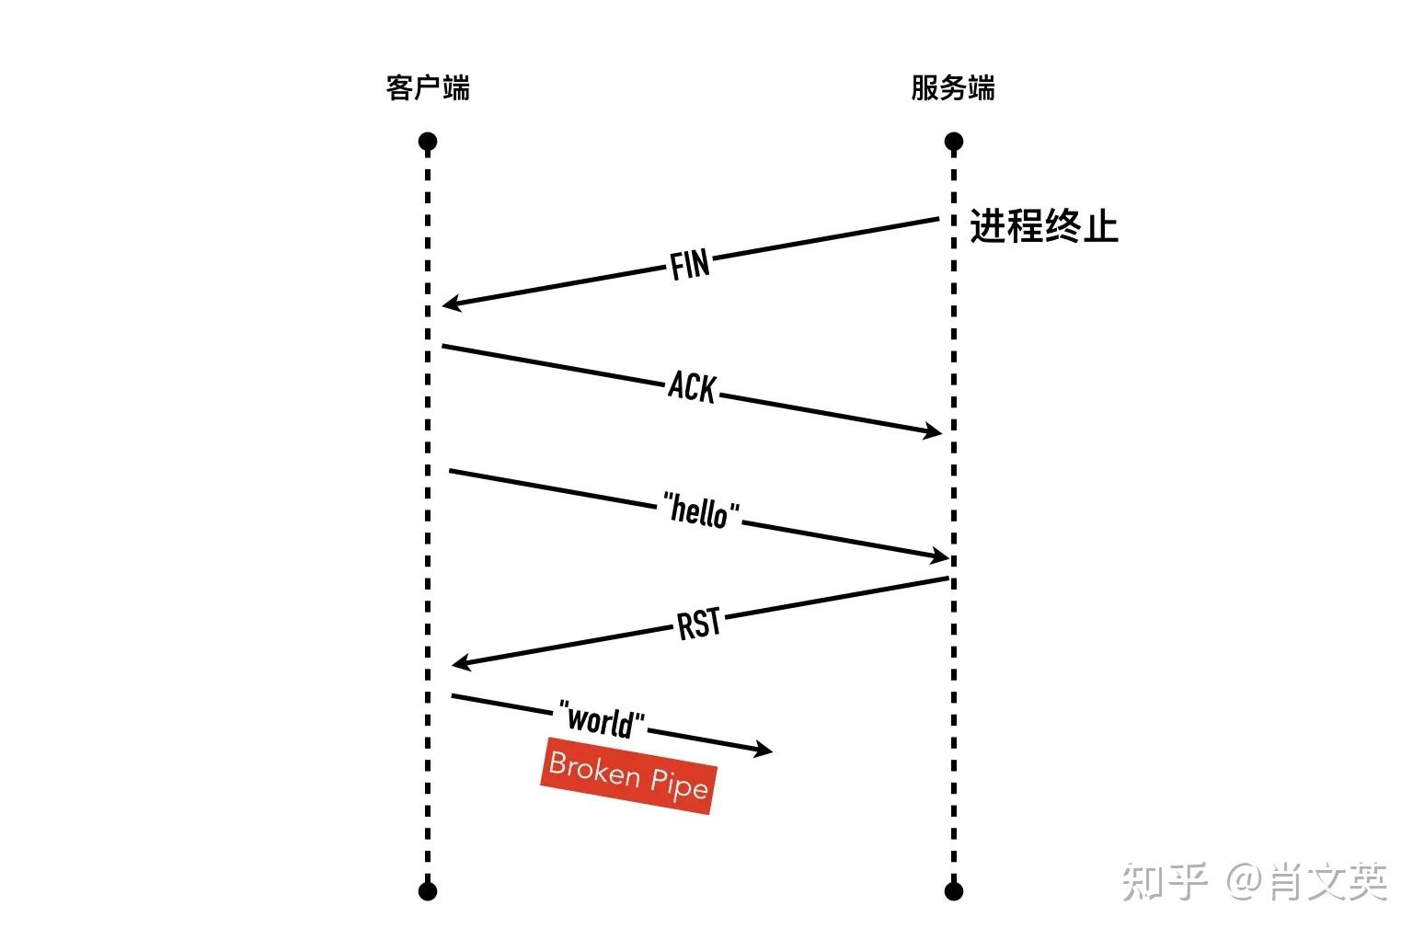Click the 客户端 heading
point(428,88)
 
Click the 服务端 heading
point(953,88)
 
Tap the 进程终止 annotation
point(1044,226)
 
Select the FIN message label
point(690,265)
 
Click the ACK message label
point(692,387)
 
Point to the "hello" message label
point(701,510)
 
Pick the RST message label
point(699,625)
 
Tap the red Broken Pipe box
point(628,775)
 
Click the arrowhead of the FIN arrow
point(450,304)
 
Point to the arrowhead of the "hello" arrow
point(939,556)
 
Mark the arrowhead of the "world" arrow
point(764,751)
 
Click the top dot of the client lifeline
point(428,142)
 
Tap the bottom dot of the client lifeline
point(428,890)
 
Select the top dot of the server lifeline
point(954,142)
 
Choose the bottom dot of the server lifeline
point(954,890)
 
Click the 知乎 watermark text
point(1165,882)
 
